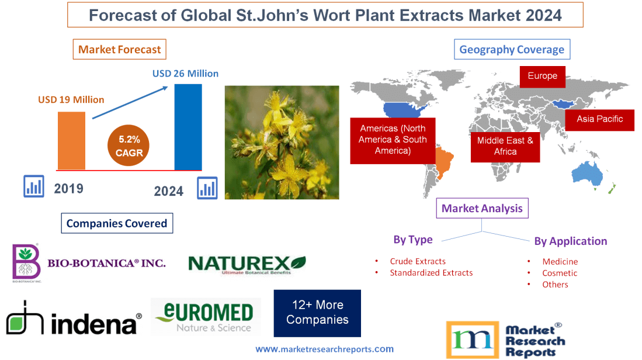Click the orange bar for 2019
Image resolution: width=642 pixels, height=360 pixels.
pyautogui.click(x=71, y=140)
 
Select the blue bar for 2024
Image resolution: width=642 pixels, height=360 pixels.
pyautogui.click(x=188, y=127)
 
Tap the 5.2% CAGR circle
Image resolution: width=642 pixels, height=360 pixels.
pyautogui.click(x=129, y=146)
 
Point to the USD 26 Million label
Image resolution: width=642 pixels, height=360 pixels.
pyautogui.click(x=185, y=74)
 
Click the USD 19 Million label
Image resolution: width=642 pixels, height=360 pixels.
pyautogui.click(x=71, y=99)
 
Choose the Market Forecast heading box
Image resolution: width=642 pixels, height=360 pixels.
pyautogui.click(x=119, y=49)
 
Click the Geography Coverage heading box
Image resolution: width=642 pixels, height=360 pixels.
pyautogui.click(x=512, y=49)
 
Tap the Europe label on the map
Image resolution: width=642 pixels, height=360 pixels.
pyautogui.click(x=542, y=76)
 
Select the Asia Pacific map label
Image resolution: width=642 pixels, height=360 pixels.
pyautogui.click(x=599, y=119)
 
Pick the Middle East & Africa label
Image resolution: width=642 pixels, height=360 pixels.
pyautogui.click(x=505, y=146)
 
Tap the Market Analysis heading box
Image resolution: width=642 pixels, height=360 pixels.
pyautogui.click(x=482, y=208)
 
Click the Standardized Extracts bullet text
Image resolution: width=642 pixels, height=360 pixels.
pyautogui.click(x=431, y=273)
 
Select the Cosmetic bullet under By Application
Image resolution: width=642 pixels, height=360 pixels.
pyautogui.click(x=559, y=273)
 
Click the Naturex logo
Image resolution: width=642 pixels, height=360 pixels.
pyautogui.click(x=247, y=264)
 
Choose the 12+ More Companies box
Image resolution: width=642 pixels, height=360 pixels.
pyautogui.click(x=317, y=313)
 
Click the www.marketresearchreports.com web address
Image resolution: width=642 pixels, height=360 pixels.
pyautogui.click(x=324, y=349)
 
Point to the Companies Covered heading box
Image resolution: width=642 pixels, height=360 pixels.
pyautogui.click(x=117, y=223)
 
